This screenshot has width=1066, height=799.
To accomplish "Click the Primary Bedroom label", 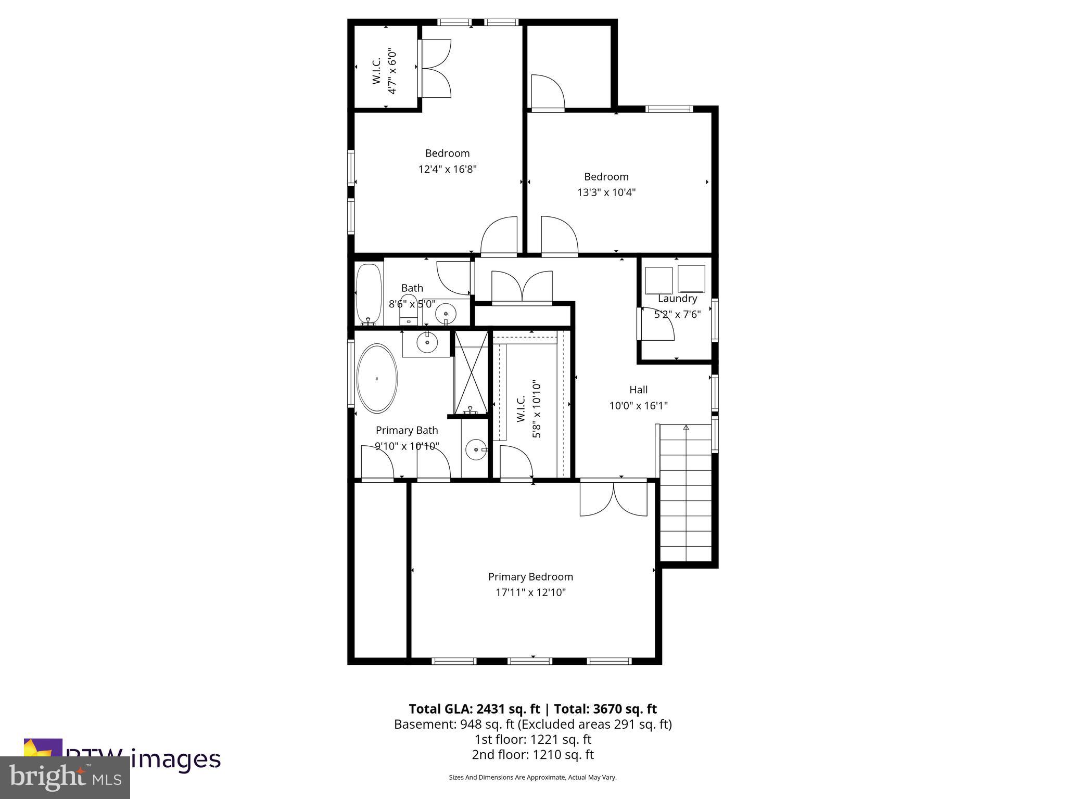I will [530, 576].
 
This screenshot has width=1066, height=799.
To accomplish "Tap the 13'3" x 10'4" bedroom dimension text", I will [606, 192].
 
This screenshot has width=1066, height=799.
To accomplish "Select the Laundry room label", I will [677, 299].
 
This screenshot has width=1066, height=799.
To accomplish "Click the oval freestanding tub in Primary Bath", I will [377, 378].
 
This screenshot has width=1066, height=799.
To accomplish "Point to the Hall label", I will [638, 390].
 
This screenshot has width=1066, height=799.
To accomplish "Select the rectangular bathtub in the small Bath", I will [368, 294].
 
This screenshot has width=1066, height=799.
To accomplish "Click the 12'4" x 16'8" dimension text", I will [447, 169].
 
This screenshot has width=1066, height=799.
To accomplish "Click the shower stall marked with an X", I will [471, 372].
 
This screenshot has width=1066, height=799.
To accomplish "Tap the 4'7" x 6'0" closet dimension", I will [392, 72].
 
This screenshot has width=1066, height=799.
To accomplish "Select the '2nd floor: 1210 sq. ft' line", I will [532, 754].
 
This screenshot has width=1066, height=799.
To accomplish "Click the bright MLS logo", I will [65, 778].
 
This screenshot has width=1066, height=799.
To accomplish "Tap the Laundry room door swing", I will [657, 325].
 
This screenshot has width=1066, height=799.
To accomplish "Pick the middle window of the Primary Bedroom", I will [530, 661].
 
